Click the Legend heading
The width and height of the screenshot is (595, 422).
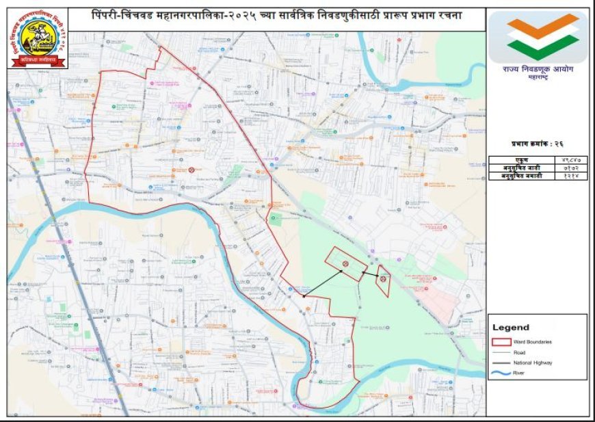point(511,328)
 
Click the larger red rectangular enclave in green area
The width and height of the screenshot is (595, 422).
point(345,263)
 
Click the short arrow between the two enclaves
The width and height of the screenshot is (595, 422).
point(370,274)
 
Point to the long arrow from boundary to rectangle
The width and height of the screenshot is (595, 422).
point(323,285)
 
